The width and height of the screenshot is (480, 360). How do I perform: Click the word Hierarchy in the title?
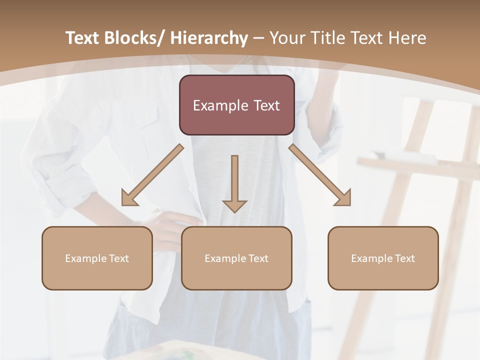pos(209,38)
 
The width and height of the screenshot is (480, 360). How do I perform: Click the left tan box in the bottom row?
pos(97,258)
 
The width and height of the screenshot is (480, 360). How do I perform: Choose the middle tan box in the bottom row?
pos(236,258)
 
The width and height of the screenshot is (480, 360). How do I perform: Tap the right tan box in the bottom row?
pos(383,258)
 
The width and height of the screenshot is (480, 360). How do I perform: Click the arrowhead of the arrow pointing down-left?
pos(129,199)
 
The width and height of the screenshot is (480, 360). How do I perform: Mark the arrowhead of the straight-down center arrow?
pos(234,205)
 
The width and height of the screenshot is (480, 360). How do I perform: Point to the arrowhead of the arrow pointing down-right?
pos(343,198)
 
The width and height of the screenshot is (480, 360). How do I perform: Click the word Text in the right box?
pos(404,258)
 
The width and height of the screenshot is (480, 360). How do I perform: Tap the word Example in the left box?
pos(86,258)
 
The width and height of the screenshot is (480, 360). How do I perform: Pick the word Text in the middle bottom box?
pos(258,258)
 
